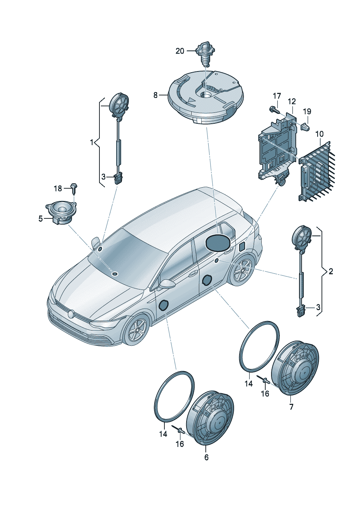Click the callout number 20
(x=180, y=51)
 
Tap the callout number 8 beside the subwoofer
(x=155, y=95)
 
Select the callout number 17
(x=277, y=96)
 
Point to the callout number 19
(x=307, y=111)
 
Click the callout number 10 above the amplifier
(x=319, y=134)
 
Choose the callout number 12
(x=292, y=102)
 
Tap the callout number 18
(x=58, y=188)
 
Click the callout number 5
(x=41, y=218)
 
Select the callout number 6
(x=206, y=457)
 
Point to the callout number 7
(x=291, y=407)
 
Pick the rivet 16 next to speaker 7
(x=264, y=380)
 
